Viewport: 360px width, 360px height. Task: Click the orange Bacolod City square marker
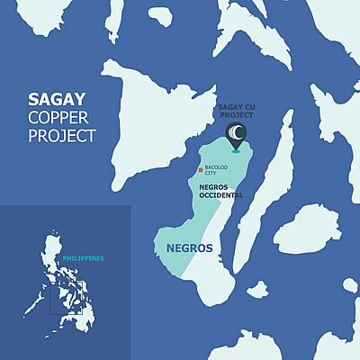200,168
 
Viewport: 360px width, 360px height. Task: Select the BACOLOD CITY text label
217,169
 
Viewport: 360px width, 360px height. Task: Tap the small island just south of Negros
257,290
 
